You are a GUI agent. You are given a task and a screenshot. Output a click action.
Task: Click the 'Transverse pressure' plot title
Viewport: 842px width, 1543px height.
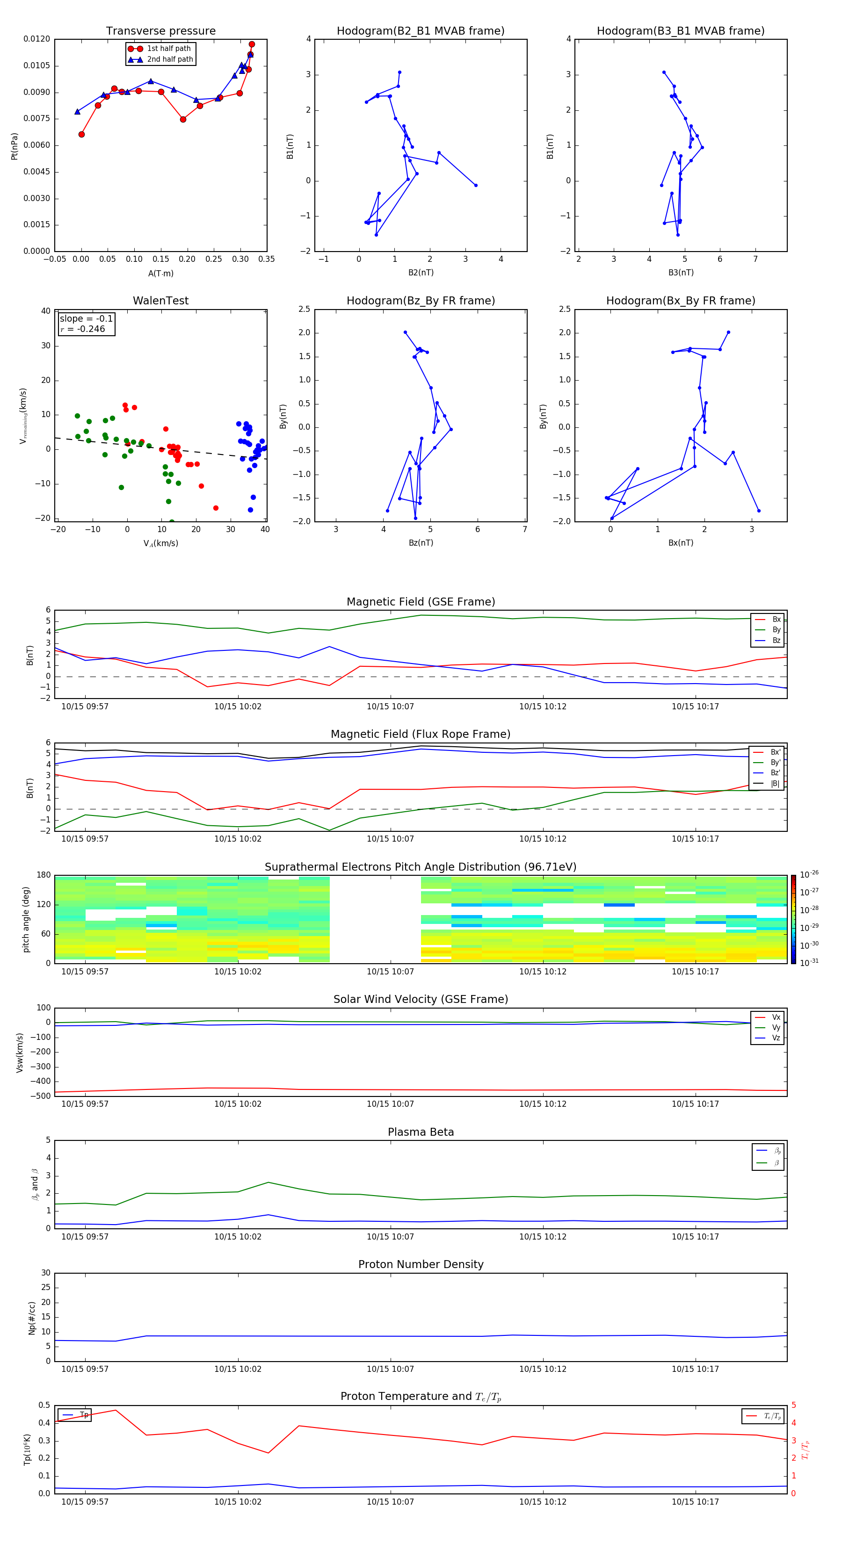[x=160, y=31]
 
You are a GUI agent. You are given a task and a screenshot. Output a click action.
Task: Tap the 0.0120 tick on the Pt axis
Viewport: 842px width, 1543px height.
[x=37, y=39]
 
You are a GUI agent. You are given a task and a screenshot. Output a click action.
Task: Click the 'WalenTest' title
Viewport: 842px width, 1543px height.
[x=160, y=301]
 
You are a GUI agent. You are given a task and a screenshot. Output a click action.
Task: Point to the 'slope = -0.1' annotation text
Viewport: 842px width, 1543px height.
[x=86, y=319]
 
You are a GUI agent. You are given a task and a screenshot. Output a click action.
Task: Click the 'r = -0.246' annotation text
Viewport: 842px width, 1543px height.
[x=83, y=329]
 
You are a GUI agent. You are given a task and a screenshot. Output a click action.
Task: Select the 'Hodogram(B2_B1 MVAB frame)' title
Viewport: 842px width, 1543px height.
[x=420, y=31]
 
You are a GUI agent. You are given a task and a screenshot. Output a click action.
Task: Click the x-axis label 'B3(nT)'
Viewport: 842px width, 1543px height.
[x=681, y=273]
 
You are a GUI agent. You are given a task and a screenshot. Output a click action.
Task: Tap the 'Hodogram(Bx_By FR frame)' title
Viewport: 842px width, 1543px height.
[x=680, y=301]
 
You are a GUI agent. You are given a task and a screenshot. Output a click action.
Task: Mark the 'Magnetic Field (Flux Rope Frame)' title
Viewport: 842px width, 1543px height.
[x=420, y=735]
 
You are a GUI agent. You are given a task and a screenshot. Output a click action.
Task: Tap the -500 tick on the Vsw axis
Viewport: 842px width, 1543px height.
[x=41, y=1096]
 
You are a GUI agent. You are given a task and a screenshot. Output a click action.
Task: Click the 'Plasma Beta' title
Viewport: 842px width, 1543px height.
[x=420, y=1132]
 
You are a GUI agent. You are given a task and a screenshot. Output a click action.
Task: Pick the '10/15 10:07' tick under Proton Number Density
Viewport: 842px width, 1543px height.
[x=390, y=1369]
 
